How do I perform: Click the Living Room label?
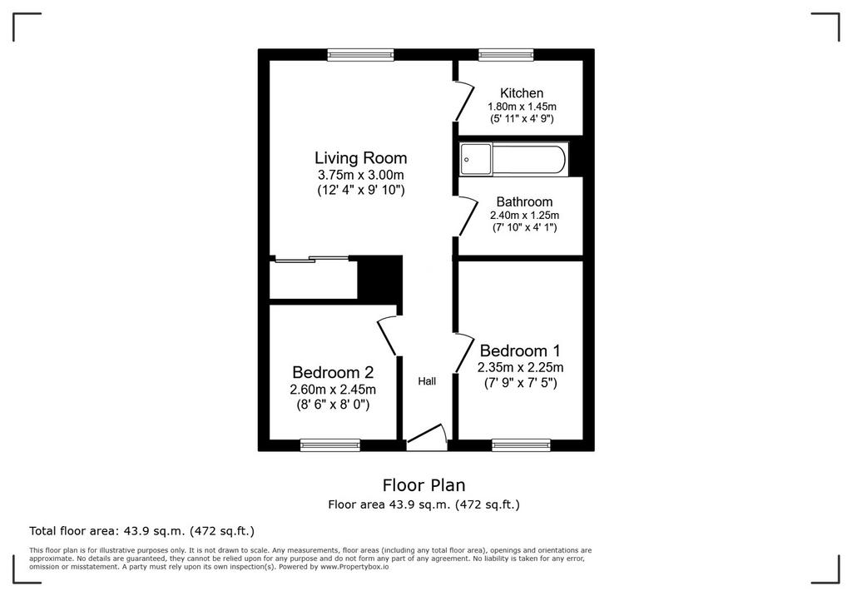coord(361,158)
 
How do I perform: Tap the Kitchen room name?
coord(522,93)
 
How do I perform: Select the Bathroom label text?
coord(524,201)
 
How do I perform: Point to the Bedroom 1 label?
coord(520,350)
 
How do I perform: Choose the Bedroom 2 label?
coord(333,373)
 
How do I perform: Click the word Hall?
coord(427,381)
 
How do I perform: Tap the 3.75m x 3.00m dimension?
coord(361,175)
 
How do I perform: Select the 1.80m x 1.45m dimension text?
coord(522,107)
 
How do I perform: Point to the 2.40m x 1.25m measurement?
coord(524,216)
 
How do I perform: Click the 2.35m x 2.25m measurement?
coord(520,368)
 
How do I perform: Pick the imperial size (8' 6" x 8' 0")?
coord(333,405)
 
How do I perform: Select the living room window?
coord(361,54)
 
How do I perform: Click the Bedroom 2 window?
coord(330,445)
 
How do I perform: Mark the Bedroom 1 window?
coord(521,445)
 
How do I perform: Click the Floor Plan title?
coord(424,484)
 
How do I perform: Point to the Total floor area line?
coord(141,531)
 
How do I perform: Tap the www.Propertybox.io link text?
coord(354,567)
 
